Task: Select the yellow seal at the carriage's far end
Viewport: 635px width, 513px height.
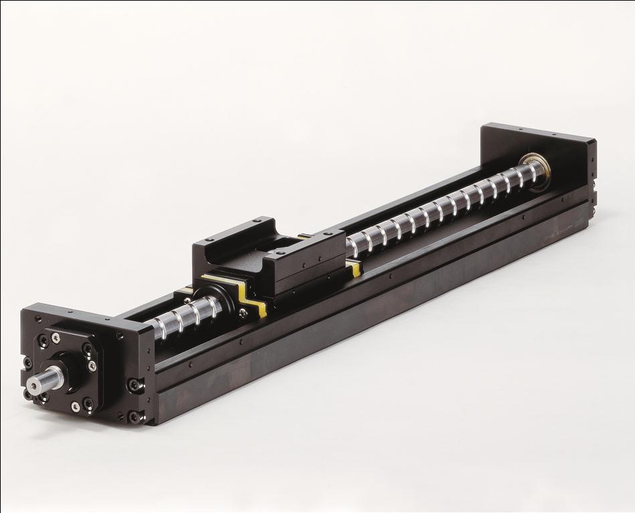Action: click(x=355, y=268)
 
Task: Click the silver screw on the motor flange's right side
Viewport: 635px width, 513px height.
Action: click(x=92, y=365)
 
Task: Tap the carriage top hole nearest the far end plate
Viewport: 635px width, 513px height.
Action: click(x=332, y=234)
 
